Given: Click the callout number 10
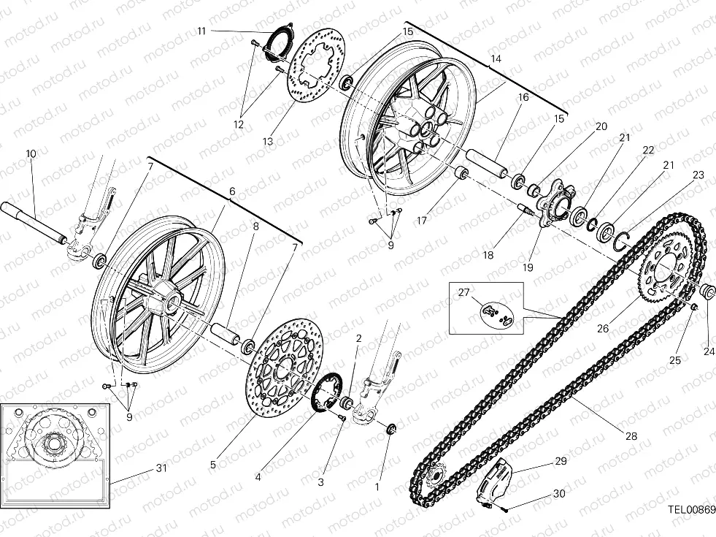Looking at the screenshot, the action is click(x=31, y=153).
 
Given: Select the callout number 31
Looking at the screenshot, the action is click(x=161, y=468).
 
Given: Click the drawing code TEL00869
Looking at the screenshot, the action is click(x=691, y=509).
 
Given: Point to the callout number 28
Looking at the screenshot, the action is click(x=631, y=436).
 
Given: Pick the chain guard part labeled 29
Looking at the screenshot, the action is click(x=497, y=481).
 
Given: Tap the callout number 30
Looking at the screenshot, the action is click(x=559, y=494).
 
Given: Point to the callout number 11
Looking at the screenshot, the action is click(x=202, y=31).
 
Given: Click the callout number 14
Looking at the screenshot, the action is click(x=496, y=58).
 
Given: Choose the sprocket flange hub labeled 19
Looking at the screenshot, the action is click(x=552, y=202).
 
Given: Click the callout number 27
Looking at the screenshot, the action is click(x=463, y=292).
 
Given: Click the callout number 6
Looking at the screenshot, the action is click(x=232, y=191).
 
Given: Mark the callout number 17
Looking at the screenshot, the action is click(x=421, y=221).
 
